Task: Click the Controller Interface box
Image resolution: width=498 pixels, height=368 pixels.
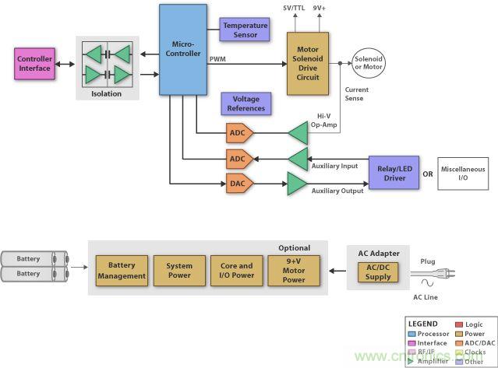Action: click(34, 63)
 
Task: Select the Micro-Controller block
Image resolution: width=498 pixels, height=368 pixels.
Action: click(184, 49)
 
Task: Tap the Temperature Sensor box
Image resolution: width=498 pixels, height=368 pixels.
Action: click(245, 30)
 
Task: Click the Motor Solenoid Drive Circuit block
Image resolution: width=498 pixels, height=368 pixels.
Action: click(308, 63)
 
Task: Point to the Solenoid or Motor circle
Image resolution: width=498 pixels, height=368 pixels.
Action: click(369, 63)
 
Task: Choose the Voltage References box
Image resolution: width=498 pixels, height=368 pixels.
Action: click(245, 103)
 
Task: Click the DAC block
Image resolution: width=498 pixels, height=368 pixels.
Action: click(238, 185)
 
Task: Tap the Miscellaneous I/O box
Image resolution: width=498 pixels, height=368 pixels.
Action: click(463, 173)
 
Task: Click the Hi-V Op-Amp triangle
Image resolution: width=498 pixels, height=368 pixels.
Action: click(298, 132)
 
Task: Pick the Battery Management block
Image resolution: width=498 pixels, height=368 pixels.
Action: click(122, 271)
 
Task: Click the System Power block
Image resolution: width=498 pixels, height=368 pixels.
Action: click(178, 271)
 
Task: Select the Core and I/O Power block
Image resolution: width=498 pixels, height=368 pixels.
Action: click(236, 271)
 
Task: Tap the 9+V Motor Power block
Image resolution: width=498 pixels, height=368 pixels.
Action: click(294, 271)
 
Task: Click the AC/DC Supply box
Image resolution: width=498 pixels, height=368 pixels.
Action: click(378, 272)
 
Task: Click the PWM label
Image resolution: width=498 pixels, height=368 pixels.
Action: click(218, 58)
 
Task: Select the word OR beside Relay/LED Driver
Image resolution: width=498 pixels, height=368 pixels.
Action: click(427, 173)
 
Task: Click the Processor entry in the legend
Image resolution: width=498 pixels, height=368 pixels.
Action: click(433, 333)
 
